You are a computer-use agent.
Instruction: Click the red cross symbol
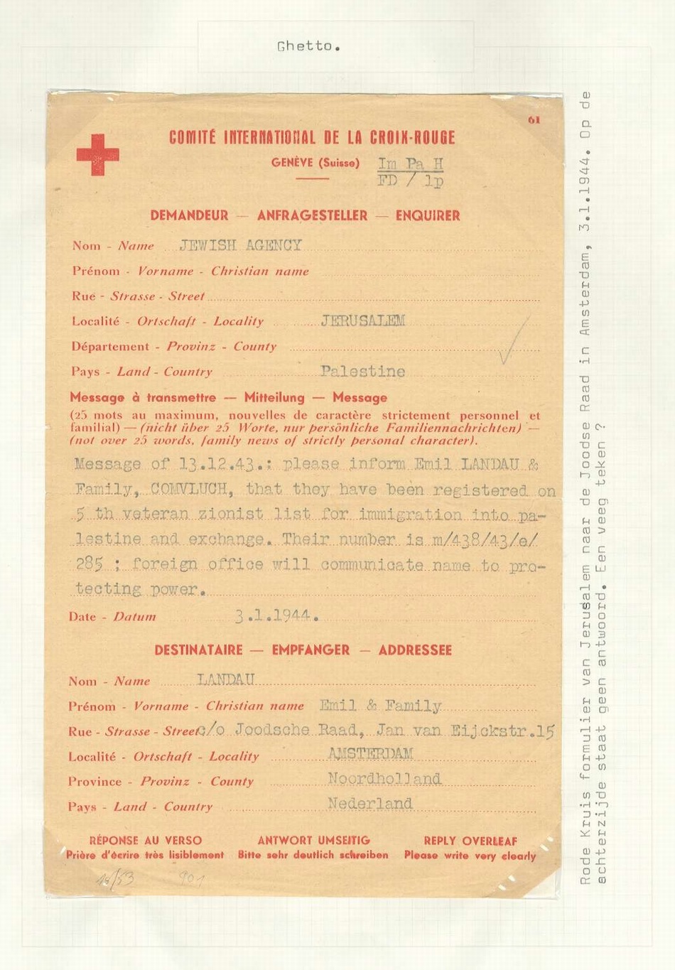[97, 155]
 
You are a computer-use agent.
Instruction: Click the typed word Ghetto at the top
[308, 47]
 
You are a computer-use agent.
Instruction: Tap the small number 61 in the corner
[534, 120]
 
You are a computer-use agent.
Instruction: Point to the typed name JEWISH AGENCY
[241, 246]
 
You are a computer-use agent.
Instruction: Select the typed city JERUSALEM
[363, 320]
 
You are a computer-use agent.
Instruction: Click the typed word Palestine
[362, 371]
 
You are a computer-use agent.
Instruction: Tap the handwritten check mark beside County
[513, 341]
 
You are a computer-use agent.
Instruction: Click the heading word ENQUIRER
[428, 215]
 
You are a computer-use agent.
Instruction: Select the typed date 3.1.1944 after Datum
[277, 615]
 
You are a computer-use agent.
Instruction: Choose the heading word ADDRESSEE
[415, 650]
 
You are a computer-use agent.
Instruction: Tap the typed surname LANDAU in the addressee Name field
[226, 680]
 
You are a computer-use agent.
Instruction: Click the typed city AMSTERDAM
[370, 754]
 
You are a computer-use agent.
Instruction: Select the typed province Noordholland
[384, 779]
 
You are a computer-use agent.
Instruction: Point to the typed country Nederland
[369, 804]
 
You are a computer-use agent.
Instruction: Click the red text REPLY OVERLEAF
[470, 841]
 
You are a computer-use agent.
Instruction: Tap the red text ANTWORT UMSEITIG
[313, 841]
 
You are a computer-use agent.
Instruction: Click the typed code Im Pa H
[411, 164]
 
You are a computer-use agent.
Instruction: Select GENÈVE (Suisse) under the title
[315, 163]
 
